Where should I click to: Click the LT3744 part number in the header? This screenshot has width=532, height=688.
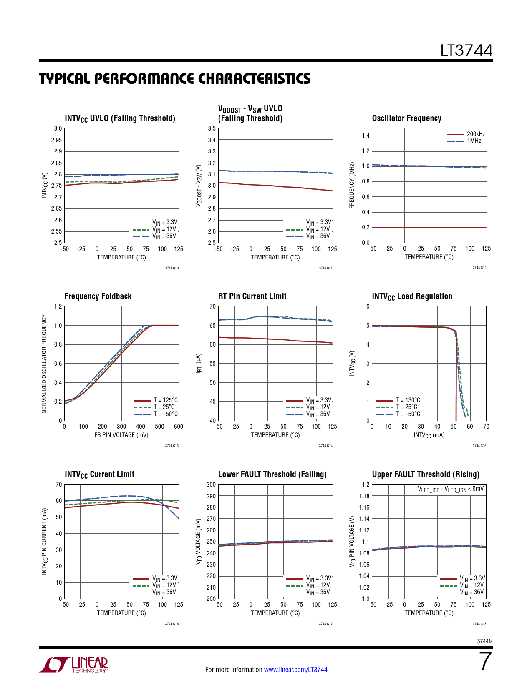466,51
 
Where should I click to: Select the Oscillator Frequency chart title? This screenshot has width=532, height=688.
406,118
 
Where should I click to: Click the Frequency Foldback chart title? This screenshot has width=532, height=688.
98,296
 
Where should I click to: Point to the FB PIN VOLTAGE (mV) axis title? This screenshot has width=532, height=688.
121,435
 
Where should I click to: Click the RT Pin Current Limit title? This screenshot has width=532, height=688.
252,296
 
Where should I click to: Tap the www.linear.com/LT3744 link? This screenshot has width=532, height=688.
295,670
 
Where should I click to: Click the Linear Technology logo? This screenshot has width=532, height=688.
74,665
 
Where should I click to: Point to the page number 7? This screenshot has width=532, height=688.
485,661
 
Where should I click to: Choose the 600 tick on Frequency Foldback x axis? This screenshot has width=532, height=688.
179,427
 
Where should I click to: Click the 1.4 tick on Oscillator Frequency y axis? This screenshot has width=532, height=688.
366,136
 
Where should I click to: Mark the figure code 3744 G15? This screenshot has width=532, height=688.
479,446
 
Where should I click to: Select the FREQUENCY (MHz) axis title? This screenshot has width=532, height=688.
352,185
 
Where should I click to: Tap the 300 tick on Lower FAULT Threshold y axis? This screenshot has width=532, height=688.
211,485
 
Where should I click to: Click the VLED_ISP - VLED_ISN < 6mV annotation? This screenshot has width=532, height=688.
451,489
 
